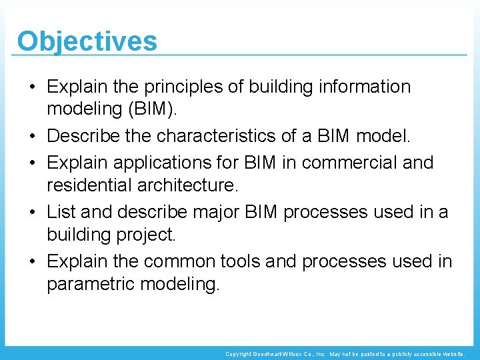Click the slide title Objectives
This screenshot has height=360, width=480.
[x=87, y=41]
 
